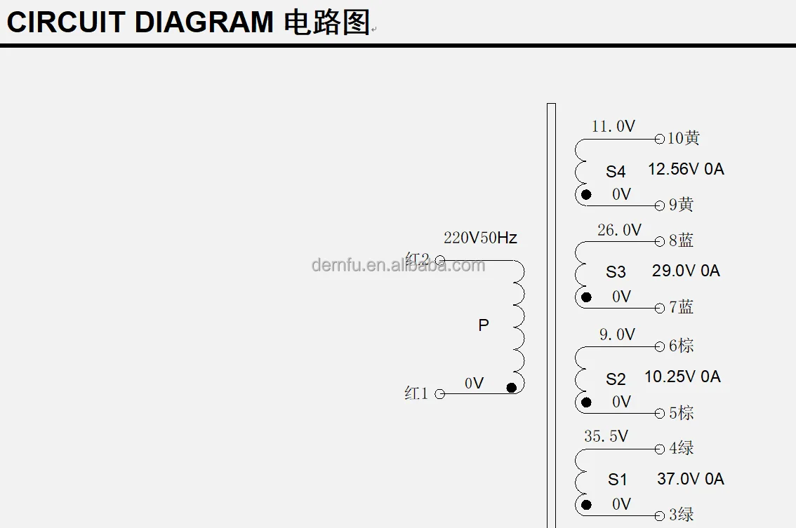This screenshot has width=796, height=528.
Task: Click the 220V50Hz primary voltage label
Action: click(x=480, y=238)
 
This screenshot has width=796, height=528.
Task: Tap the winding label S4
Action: click(x=616, y=171)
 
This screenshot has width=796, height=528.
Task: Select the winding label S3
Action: click(x=616, y=272)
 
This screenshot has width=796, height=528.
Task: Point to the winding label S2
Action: click(x=616, y=379)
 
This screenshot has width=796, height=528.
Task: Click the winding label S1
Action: click(x=617, y=480)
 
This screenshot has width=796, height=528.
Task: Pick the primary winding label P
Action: click(x=483, y=325)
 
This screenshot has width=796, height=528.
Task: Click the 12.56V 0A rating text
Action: click(x=686, y=169)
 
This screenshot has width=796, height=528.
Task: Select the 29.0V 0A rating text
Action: click(x=686, y=271)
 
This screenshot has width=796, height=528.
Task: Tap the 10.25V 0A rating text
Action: click(x=682, y=377)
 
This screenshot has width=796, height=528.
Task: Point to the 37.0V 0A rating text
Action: click(x=691, y=478)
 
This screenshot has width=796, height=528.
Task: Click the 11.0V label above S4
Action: click(x=613, y=126)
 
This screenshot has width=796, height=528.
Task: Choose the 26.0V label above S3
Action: click(x=619, y=230)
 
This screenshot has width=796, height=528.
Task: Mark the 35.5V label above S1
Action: click(x=606, y=436)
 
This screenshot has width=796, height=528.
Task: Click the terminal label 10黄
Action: click(x=683, y=138)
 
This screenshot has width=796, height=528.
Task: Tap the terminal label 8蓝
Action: click(x=681, y=241)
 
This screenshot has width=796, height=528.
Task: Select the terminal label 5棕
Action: click(x=681, y=413)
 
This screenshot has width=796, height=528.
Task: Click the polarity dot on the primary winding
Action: click(x=511, y=388)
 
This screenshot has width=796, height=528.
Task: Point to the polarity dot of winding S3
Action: click(x=586, y=297)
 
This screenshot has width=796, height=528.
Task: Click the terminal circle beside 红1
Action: click(x=440, y=394)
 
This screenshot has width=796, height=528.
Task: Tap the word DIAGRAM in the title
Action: click(x=204, y=22)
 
